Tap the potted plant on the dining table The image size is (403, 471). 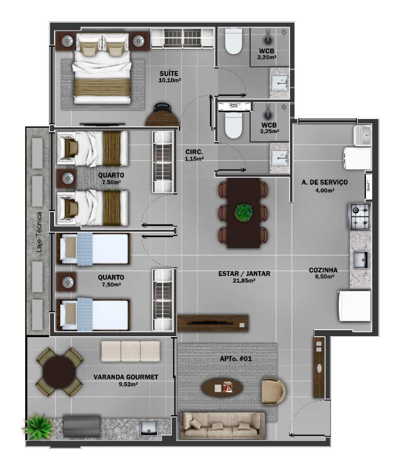click(x=244, y=212)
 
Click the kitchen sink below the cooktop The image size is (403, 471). click(x=360, y=260)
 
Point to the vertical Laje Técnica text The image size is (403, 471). click(x=39, y=232)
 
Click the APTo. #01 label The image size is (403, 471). click(x=236, y=359)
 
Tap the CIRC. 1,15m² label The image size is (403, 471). click(x=194, y=155)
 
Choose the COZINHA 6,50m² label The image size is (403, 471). click(x=323, y=273)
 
